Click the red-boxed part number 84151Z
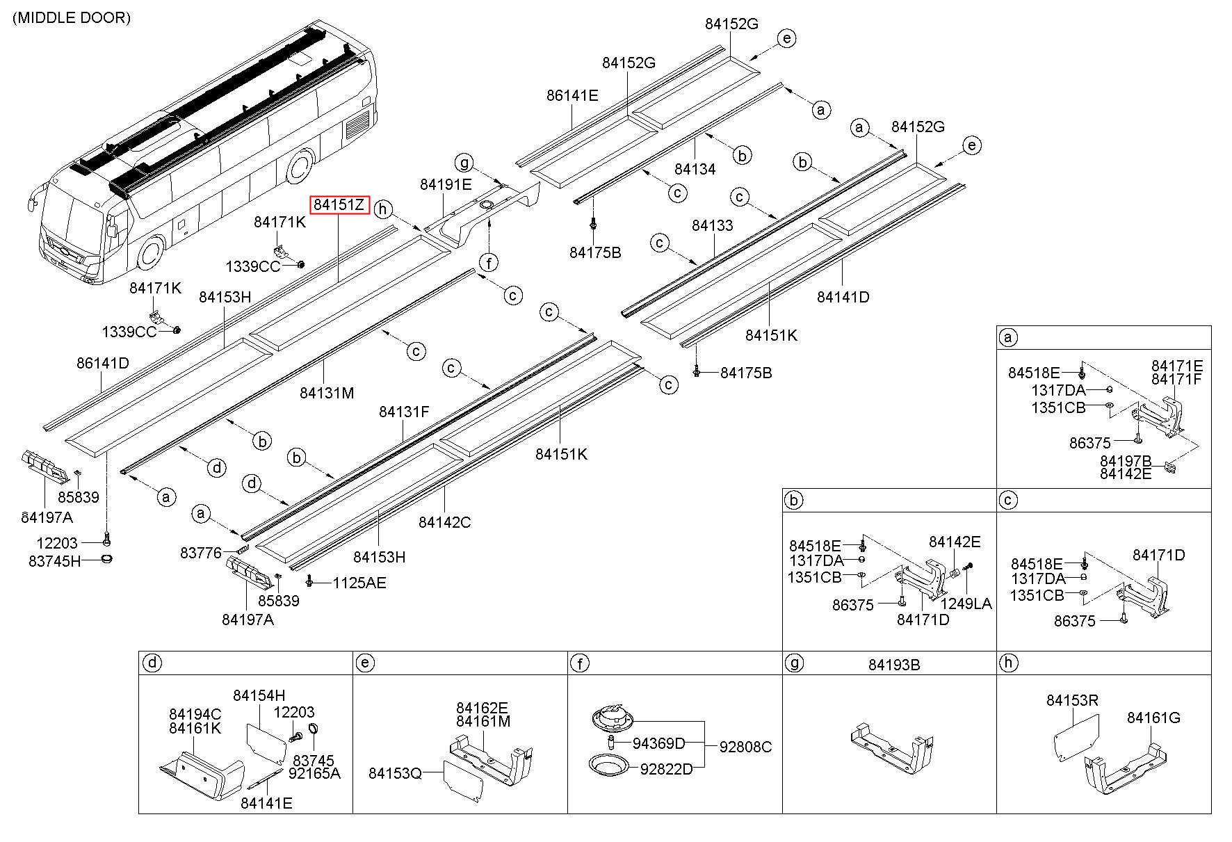339,204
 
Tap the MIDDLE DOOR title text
72,18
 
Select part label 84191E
446,184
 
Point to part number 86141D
103,363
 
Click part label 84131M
327,393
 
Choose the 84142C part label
444,521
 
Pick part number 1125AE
359,583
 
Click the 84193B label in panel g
893,665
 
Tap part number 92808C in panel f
745,747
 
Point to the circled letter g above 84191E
464,163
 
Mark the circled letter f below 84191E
489,263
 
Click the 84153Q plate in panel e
463,779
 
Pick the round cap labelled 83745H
106,559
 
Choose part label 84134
695,169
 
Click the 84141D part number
843,297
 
